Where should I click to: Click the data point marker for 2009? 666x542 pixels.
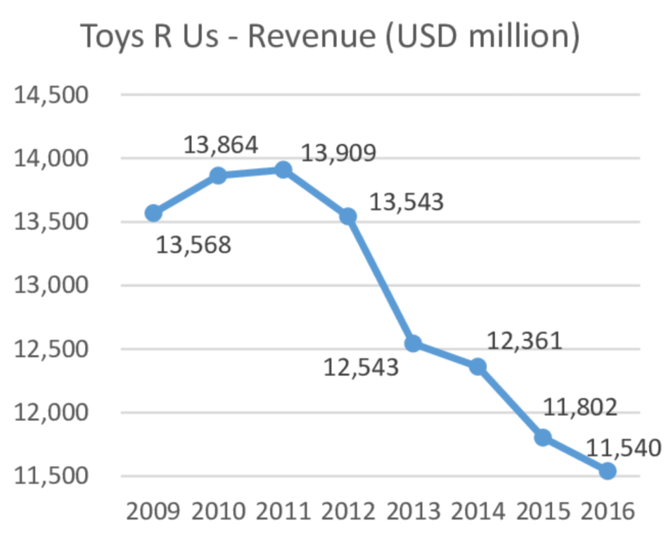tap(154, 213)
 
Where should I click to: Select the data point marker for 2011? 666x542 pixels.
tap(283, 170)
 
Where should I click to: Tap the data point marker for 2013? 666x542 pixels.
tap(413, 344)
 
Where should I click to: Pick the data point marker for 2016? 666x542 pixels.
tap(607, 470)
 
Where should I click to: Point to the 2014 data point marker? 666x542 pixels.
tap(478, 366)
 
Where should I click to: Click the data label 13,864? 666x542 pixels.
tap(221, 145)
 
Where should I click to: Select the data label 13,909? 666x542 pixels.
tap(339, 154)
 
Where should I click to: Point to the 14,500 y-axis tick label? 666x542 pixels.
tap(51, 95)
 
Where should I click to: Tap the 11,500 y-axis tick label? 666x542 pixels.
tap(51, 476)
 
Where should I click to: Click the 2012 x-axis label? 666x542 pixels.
tap(348, 511)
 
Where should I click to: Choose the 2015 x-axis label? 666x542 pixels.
tap(543, 511)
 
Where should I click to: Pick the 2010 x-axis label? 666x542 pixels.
tap(218, 511)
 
